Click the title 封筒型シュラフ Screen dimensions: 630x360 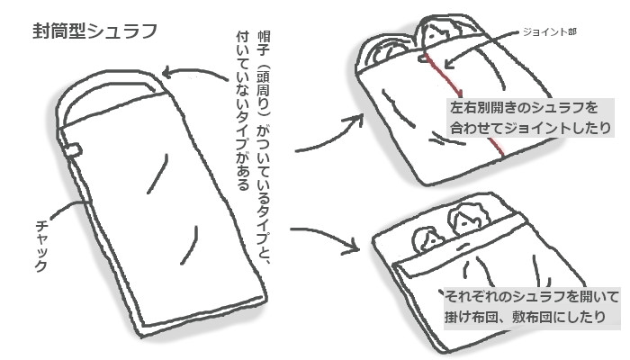pyautogui.click(x=94, y=31)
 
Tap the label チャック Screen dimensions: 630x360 pyautogui.click(x=41, y=246)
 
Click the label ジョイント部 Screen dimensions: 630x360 pyautogui.click(x=549, y=31)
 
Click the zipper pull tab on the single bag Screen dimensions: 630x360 pyautogui.click(x=74, y=150)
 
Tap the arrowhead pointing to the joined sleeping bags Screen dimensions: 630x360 pyautogui.click(x=356, y=119)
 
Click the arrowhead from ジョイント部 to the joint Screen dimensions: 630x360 pyautogui.click(x=450, y=63)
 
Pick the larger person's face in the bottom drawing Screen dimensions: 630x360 pyautogui.click(x=466, y=221)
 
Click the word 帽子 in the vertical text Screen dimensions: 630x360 pyautogui.click(x=264, y=42)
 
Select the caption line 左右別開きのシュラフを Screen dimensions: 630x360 pyautogui.click(x=524, y=108)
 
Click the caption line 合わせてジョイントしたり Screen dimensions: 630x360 pyautogui.click(x=530, y=128)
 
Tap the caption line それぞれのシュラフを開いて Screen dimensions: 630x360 pyautogui.click(x=532, y=296)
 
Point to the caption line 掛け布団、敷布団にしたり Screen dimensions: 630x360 pyautogui.click(x=525, y=317)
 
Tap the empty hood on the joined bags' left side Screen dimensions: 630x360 pyautogui.click(x=383, y=50)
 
